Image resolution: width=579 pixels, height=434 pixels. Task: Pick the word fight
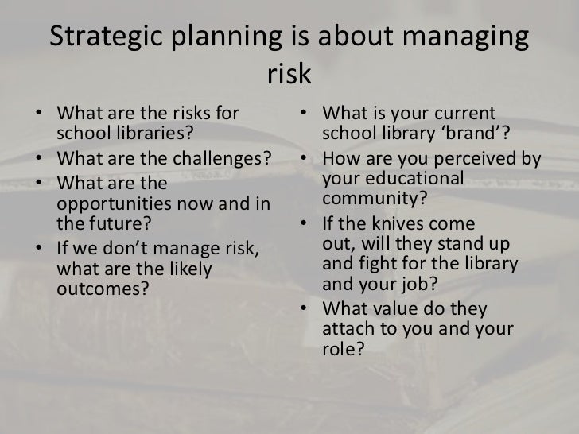point(375,263)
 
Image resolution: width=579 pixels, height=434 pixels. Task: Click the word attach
point(348,327)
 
